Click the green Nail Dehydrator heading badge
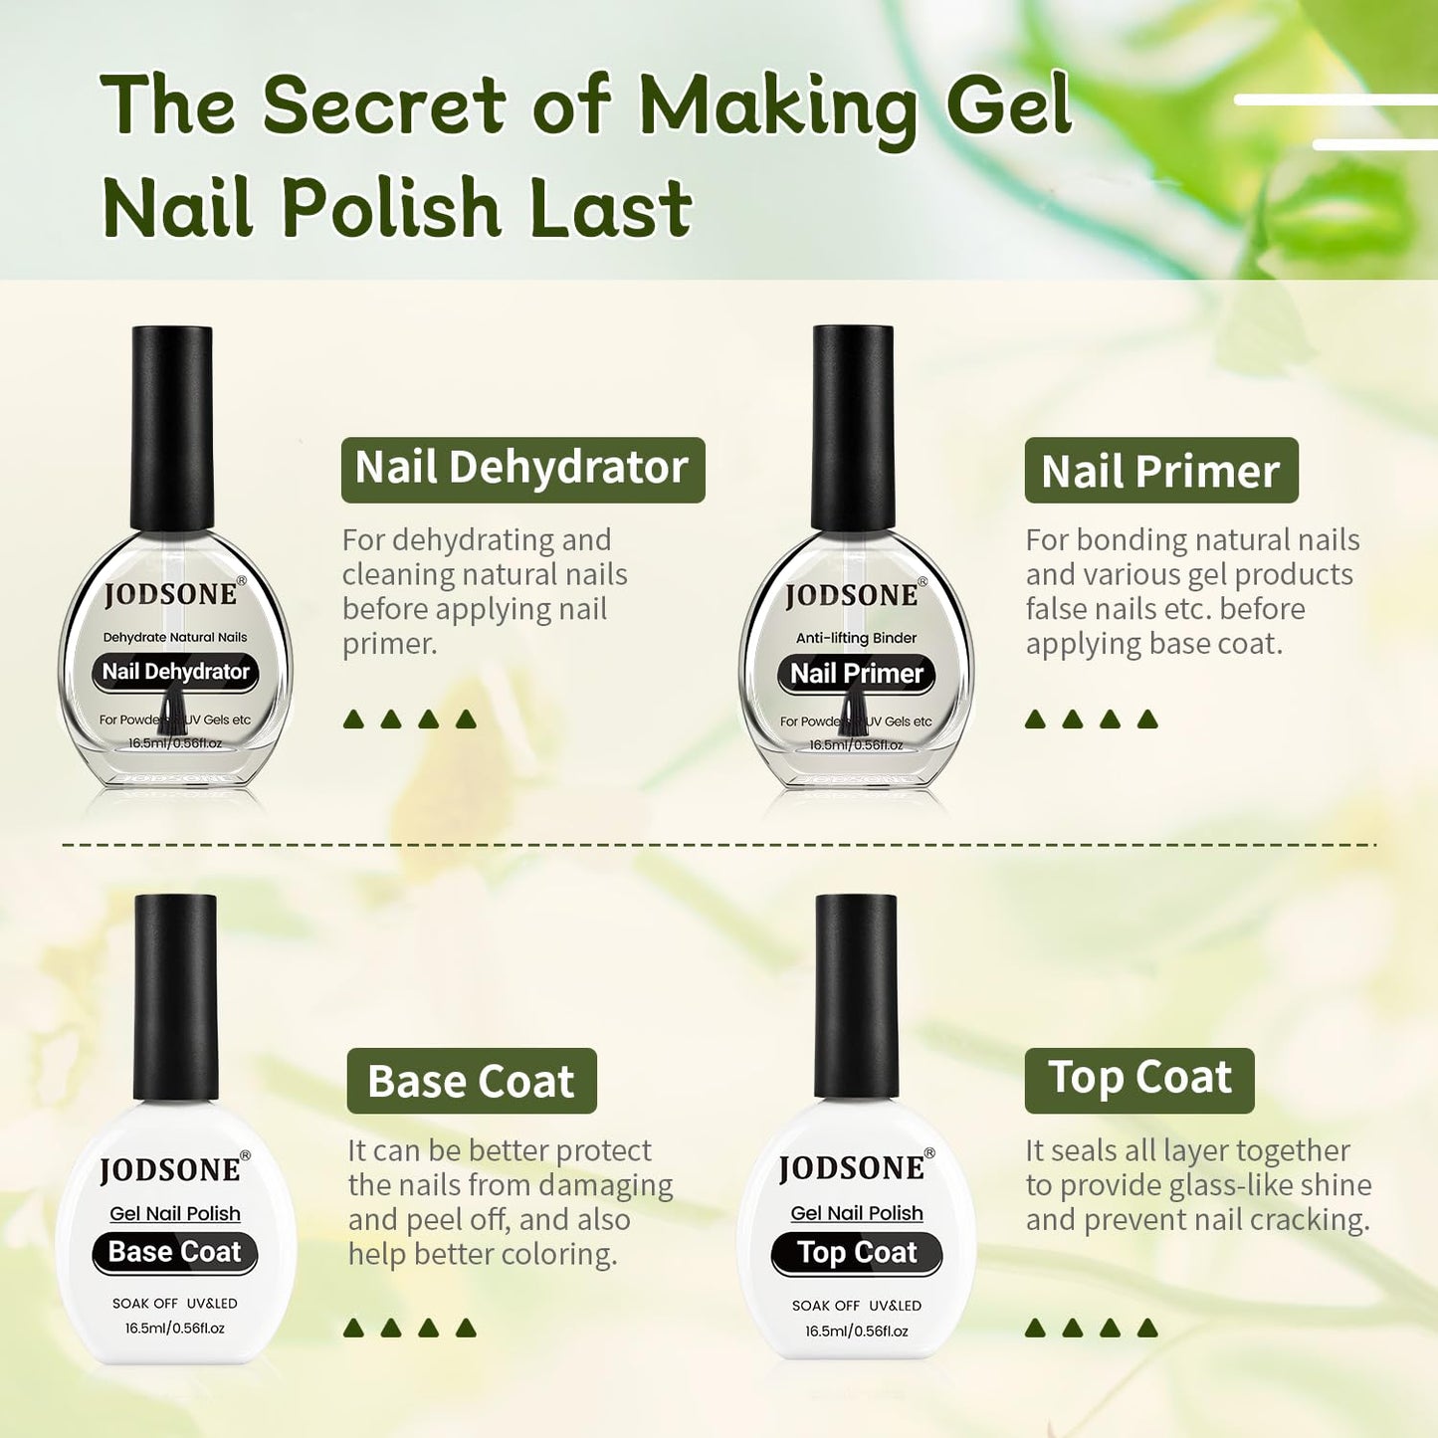pos(522,469)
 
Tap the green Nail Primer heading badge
pos(1160,471)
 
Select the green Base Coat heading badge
pos(471,1081)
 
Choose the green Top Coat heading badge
pos(1138,1079)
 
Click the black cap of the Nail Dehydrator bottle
pos(172,427)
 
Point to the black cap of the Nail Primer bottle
pos(853,427)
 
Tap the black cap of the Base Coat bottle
pos(176,996)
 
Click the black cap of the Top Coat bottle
pos(856,996)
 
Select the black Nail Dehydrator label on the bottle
pos(175,672)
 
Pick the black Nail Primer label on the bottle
pos(856,674)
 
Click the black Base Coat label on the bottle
pos(174,1252)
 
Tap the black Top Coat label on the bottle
pos(856,1253)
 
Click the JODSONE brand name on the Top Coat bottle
pos(852,1168)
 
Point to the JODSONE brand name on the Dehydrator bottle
pos(171,594)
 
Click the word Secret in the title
pos(384,104)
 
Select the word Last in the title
pos(610,208)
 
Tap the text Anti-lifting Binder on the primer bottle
pos(856,638)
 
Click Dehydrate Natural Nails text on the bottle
pos(175,637)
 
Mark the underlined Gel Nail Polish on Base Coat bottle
pos(175,1213)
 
